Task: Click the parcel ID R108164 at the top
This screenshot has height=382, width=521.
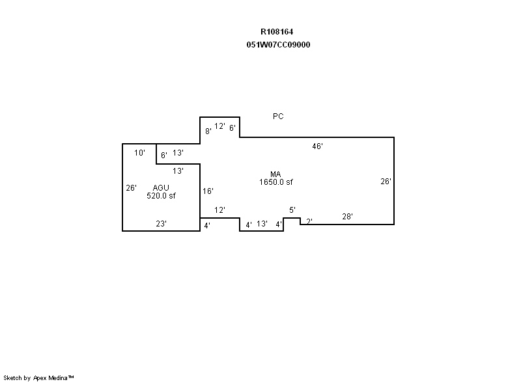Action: tap(277, 32)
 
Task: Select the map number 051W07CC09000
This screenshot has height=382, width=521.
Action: tap(279, 45)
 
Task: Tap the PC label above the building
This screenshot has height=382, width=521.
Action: tap(278, 116)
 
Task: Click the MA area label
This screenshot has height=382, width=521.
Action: tap(275, 174)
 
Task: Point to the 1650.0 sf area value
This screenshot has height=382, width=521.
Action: tap(276, 182)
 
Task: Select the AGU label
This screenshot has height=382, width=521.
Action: tap(161, 188)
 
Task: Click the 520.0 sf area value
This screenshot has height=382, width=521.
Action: tap(161, 196)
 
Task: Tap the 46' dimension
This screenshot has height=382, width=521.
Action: tap(317, 146)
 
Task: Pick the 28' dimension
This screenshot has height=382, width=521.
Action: tap(347, 217)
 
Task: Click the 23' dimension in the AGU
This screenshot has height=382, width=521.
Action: tap(161, 224)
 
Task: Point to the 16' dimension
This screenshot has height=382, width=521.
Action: tap(208, 191)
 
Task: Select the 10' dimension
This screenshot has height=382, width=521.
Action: tap(139, 153)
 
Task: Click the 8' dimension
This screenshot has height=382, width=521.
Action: tap(208, 131)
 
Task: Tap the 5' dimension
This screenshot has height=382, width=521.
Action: tap(292, 210)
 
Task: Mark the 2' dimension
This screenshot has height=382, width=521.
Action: tap(309, 221)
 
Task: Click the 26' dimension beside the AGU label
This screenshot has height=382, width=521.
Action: tap(132, 188)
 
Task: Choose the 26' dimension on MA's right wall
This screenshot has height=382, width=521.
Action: tap(386, 181)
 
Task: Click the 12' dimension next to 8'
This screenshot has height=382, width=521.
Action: tap(219, 126)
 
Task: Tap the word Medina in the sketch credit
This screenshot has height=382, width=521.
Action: tap(58, 377)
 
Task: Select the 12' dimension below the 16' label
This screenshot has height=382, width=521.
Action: tap(219, 210)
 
